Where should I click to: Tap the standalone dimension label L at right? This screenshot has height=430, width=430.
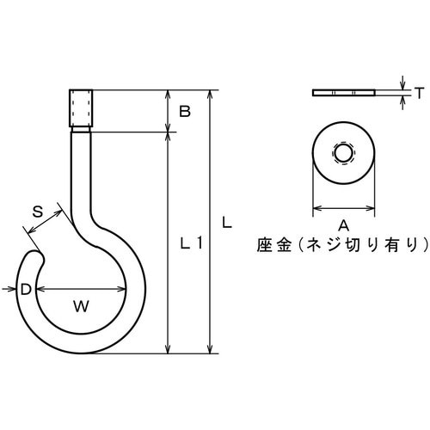(x=225, y=222)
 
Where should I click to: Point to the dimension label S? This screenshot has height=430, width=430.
(x=38, y=211)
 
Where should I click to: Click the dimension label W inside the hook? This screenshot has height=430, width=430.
(x=79, y=304)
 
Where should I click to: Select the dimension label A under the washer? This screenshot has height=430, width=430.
(x=342, y=225)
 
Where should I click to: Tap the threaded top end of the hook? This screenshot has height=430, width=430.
(x=79, y=108)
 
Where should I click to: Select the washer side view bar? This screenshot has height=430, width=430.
(x=343, y=92)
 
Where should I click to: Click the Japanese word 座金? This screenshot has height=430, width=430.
(x=273, y=245)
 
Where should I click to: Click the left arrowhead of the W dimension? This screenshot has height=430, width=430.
(x=40, y=290)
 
